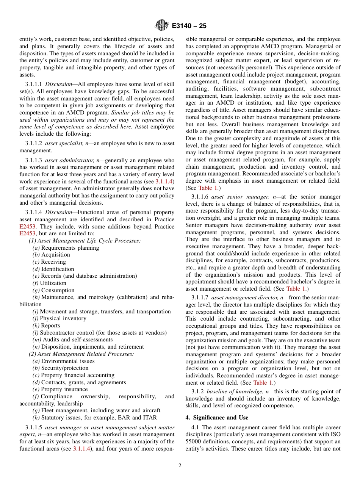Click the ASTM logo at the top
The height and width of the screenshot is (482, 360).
(x=162, y=26)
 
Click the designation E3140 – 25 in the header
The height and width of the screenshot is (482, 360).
(x=189, y=26)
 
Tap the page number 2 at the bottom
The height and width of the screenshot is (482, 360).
(x=180, y=466)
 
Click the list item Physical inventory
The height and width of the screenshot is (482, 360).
(x=63, y=318)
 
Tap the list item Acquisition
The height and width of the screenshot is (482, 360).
(x=55, y=255)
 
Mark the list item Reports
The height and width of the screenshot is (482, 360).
(x=50, y=326)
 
